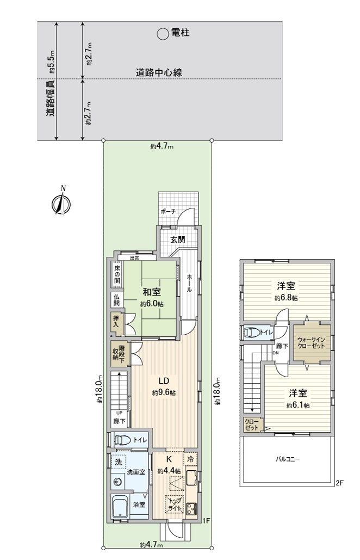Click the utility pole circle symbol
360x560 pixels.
pyautogui.click(x=163, y=34)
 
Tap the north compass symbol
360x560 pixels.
pyautogui.click(x=60, y=202)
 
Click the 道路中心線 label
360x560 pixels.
pyautogui.click(x=158, y=72)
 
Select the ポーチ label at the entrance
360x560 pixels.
pyautogui.click(x=168, y=212)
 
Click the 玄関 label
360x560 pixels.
pyautogui.click(x=178, y=239)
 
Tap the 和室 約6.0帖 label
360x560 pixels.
pyautogui.click(x=151, y=298)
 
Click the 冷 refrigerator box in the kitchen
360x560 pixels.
pyautogui.click(x=190, y=459)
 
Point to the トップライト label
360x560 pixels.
pyautogui.click(x=175, y=503)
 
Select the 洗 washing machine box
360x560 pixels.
pyautogui.click(x=118, y=461)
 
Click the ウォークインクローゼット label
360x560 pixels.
pyautogui.click(x=312, y=344)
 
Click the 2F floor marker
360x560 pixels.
pyautogui.click(x=340, y=482)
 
